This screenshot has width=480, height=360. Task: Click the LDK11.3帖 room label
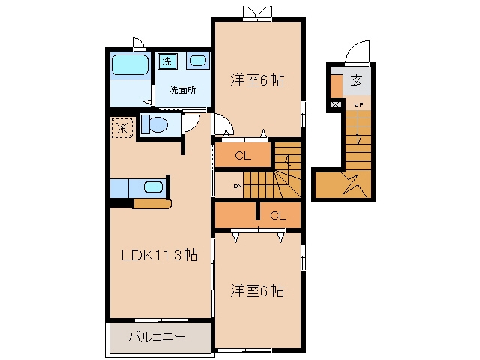(x=160, y=255)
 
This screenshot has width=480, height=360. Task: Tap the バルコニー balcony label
(x=157, y=337)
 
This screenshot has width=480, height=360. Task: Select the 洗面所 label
(x=182, y=90)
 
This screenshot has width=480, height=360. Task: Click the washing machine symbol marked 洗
(x=167, y=61)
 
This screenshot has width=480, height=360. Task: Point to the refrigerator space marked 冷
(x=122, y=127)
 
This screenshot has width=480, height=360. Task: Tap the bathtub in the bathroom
(x=130, y=65)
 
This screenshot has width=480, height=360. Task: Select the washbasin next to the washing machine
(x=198, y=61)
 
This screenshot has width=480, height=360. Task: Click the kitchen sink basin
(x=153, y=187)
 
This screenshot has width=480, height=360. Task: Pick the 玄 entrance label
(x=356, y=80)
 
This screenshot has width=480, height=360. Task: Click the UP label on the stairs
(x=358, y=105)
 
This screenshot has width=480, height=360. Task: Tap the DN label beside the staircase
(x=238, y=186)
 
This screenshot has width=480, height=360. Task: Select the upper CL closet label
(x=243, y=156)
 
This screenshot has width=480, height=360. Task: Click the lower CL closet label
(x=278, y=216)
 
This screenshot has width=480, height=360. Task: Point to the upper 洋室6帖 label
(x=257, y=79)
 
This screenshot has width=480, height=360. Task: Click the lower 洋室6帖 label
(x=257, y=290)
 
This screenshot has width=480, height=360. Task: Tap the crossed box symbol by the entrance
(x=336, y=105)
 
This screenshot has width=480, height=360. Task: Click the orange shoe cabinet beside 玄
(x=337, y=85)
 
